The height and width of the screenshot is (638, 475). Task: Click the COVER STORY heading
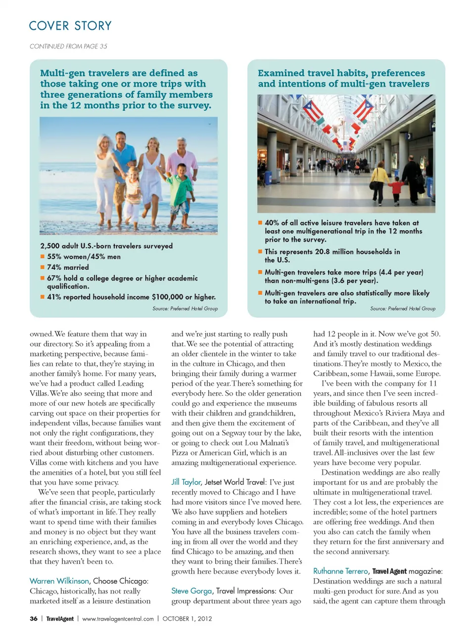click(x=70, y=26)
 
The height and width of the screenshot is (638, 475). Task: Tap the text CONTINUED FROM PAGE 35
click(x=68, y=46)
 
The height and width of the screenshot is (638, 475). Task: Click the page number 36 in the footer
click(x=34, y=619)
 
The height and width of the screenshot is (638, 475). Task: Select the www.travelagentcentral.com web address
click(x=118, y=619)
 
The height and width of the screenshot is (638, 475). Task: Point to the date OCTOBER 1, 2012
click(x=187, y=619)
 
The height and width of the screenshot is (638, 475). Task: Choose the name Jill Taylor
click(x=186, y=482)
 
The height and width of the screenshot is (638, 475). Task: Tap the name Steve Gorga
click(x=191, y=591)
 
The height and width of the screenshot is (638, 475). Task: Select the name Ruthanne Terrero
click(x=340, y=571)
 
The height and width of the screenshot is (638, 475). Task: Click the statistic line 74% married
click(x=68, y=268)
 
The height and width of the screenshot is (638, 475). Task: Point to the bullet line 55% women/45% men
click(x=84, y=257)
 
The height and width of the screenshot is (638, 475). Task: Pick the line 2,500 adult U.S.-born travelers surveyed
click(x=106, y=246)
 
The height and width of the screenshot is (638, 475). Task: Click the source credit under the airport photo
click(x=403, y=309)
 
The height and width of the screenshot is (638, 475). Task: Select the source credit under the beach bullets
click(x=185, y=309)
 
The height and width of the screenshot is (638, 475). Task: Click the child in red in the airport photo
click(x=396, y=189)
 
